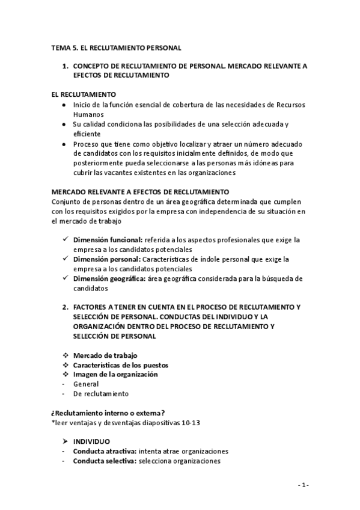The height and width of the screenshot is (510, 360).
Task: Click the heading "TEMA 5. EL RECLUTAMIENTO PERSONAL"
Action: point(116,47)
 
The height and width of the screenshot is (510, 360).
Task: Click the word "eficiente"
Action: point(88,134)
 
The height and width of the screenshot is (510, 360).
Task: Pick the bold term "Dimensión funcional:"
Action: point(108,239)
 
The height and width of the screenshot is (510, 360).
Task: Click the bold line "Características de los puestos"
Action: point(120,365)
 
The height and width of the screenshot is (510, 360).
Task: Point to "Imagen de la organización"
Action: point(115,374)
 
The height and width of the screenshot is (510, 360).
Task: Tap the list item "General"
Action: point(86,384)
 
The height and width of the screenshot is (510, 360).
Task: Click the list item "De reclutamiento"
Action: point(100,393)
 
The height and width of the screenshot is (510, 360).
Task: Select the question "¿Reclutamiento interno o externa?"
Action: point(108,413)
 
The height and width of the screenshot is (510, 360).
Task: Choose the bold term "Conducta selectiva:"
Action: point(105,461)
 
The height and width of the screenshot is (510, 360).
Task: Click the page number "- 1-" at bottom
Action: point(303,485)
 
